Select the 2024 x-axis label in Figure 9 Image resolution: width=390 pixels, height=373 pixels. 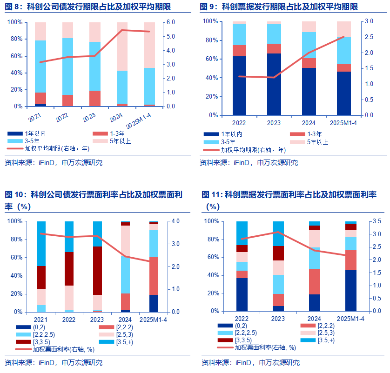pyautogui.click(x=308, y=123)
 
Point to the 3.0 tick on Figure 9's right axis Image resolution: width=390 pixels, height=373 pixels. pyautogui.click(x=369, y=21)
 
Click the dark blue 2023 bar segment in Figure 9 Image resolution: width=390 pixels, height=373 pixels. pyautogui.click(x=274, y=84)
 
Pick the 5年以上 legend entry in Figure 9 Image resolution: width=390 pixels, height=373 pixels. pyautogui.click(x=317, y=142)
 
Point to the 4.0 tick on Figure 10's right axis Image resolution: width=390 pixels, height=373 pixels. pyautogui.click(x=177, y=221)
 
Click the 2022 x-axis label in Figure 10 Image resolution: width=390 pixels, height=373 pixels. pyautogui.click(x=69, y=320)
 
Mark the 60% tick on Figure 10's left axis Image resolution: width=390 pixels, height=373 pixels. pyautogui.click(x=14, y=257)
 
